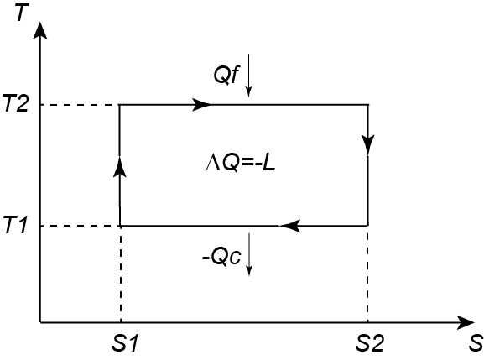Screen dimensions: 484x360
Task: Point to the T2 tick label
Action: [x=15, y=104]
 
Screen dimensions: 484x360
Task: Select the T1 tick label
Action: [x=15, y=226]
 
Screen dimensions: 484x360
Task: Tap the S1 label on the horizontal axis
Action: [x=124, y=342]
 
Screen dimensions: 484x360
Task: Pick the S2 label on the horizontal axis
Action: [x=370, y=342]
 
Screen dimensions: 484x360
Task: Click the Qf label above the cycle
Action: [x=226, y=75]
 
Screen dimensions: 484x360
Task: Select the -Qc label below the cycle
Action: [x=221, y=256]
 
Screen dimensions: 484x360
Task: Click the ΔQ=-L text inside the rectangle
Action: [x=241, y=164]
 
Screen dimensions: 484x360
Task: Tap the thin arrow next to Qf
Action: [x=248, y=75]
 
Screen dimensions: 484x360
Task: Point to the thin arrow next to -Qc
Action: [x=249, y=254]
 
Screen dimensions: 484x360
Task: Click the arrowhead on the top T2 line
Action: [x=201, y=105]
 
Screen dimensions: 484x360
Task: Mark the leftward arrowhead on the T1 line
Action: [x=289, y=226]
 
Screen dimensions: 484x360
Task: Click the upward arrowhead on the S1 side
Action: [x=120, y=166]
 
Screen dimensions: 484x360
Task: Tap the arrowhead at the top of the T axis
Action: [x=40, y=31]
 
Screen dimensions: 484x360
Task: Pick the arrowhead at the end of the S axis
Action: [x=466, y=323]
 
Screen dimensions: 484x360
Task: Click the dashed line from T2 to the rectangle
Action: [x=80, y=105]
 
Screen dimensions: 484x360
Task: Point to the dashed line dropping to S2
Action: [x=367, y=274]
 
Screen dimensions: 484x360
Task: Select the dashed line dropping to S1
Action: [x=121, y=274]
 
